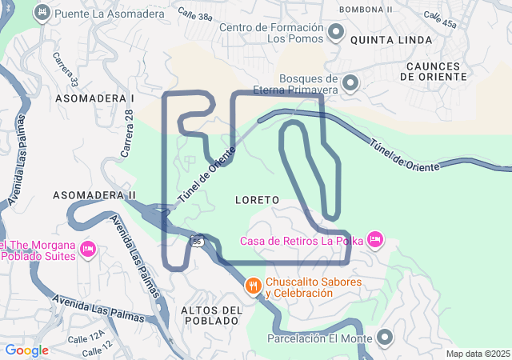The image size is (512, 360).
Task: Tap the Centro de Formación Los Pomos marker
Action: pos(336,33)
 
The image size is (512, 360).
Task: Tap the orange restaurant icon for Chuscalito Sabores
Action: pos(253,286)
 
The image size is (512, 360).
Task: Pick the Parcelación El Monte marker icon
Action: pos(385,338)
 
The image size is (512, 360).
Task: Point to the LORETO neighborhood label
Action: pos(258,198)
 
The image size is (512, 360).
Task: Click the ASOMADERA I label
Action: pos(94,98)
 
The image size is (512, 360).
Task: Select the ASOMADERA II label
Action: pos(94,194)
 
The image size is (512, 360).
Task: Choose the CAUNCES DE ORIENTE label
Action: pos(432,71)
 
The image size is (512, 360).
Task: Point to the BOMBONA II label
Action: pos(366,9)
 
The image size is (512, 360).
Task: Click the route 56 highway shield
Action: pos(197,240)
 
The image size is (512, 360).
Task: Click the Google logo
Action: pos(26,350)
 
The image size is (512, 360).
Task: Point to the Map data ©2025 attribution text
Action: pos(478,354)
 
